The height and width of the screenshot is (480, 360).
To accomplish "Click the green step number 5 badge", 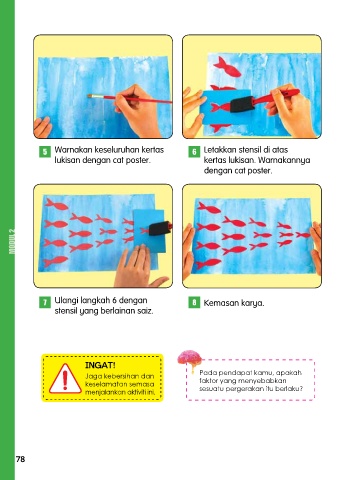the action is click(45, 152).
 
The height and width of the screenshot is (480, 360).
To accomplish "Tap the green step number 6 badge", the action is click(194, 152).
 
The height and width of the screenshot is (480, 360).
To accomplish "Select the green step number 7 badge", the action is click(45, 302).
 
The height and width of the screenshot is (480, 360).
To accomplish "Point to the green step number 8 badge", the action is click(194, 302).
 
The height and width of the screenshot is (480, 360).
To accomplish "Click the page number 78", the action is click(20, 459).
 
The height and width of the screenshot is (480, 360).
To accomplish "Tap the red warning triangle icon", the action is click(65, 379).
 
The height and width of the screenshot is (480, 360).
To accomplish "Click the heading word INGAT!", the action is click(100, 365).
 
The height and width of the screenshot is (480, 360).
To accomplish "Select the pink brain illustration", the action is click(190, 358).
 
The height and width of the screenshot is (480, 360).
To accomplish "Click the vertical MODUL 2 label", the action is click(12, 241).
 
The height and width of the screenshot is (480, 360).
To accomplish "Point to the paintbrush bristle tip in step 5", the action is click(89, 96).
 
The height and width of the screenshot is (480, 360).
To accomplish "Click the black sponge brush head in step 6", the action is click(241, 105).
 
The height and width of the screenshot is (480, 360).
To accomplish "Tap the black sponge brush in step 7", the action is click(160, 228).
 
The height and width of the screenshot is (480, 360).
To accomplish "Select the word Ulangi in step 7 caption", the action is click(66, 301).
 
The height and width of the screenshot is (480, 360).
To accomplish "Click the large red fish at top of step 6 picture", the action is click(227, 67).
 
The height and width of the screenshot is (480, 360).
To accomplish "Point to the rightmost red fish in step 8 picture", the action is click(303, 235).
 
